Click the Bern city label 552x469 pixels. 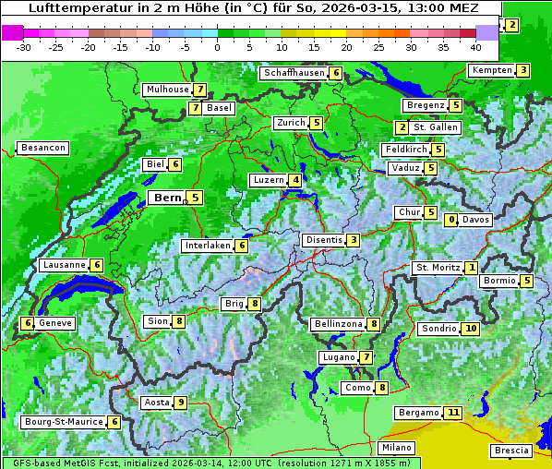click(168, 198)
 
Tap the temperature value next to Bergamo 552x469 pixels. click(452, 413)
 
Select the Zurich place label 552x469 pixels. click(291, 123)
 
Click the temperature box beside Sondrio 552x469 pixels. click(471, 329)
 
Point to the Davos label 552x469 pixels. click(476, 220)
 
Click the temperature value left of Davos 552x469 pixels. click(451, 220)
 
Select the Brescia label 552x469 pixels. click(511, 451)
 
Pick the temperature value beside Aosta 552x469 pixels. click(181, 403)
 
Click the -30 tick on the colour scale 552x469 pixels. click(24, 47)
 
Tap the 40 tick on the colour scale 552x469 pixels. click(475, 47)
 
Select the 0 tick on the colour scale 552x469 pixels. click(218, 47)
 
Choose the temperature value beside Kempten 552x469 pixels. click(522, 71)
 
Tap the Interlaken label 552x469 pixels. click(208, 246)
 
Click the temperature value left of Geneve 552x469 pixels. click(28, 323)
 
